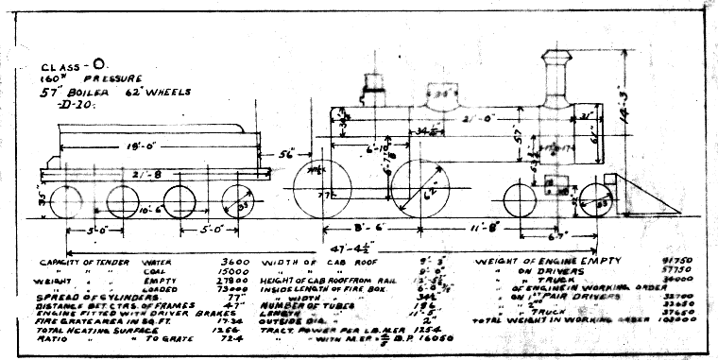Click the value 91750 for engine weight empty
658,260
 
